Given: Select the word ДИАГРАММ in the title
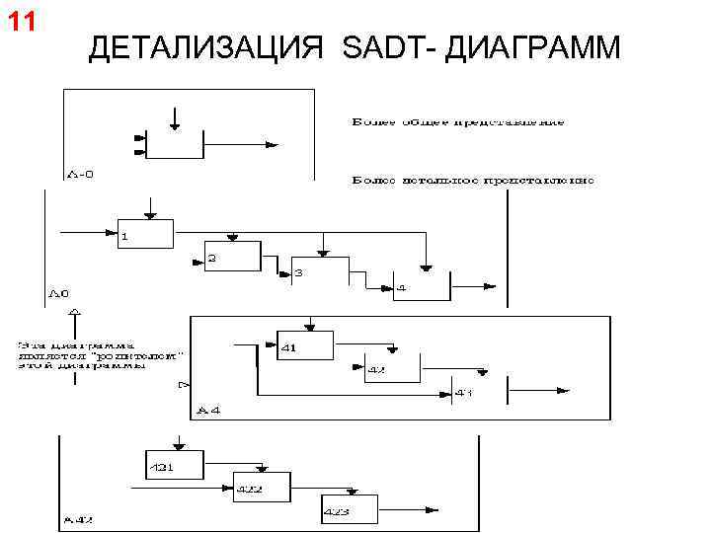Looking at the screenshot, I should click(533, 46).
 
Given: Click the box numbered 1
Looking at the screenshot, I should click(145, 233).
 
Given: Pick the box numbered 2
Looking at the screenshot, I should click(232, 256).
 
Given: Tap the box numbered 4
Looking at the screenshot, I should click(421, 286).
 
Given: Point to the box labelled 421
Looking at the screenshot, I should click(174, 464).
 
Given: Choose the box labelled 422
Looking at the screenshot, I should click(262, 487).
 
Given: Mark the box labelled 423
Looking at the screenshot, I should click(349, 508).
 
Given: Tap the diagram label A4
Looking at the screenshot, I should click(209, 409).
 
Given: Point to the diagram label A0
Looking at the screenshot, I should click(58, 293).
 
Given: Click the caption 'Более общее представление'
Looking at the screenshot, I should click(458, 122).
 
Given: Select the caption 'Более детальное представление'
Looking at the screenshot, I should click(473, 181).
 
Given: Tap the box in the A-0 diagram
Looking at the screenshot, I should click(175, 143).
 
